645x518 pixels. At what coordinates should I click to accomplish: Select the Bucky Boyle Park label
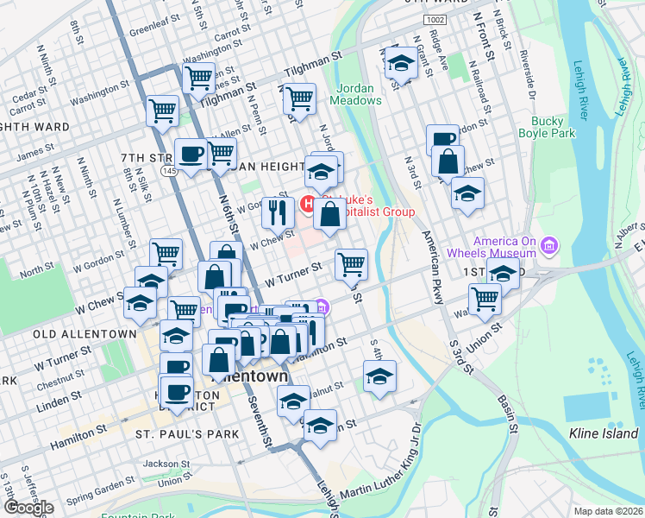tap(547, 127)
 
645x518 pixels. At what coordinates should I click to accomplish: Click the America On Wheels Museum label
tap(504, 248)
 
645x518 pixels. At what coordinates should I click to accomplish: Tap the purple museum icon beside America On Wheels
tap(548, 249)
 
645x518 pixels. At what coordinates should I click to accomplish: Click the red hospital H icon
tap(307, 205)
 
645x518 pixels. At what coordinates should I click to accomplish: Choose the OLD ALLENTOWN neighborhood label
tap(85, 333)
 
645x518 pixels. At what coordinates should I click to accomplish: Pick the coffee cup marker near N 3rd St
tap(443, 139)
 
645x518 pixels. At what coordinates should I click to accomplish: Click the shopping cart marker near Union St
tap(485, 299)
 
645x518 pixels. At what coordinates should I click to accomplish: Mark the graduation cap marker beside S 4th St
tap(379, 376)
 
